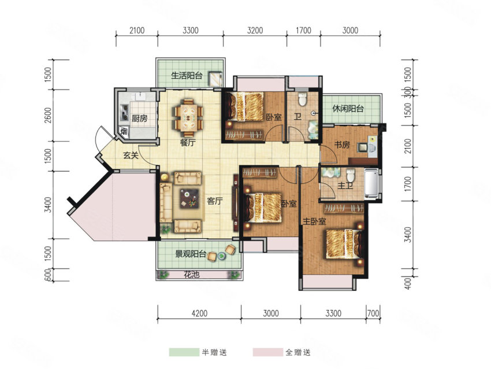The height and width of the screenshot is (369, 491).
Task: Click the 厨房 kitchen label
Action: point(139,119)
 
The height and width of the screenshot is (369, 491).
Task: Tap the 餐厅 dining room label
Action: point(188,143)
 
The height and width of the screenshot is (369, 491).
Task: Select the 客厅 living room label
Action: point(215,201)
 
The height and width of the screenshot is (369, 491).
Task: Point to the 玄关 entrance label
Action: point(131,155)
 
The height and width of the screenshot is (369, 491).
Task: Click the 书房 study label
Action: point(342,145)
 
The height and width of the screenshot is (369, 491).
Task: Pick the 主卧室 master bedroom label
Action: point(314,222)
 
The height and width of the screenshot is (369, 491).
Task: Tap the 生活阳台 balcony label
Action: point(187,76)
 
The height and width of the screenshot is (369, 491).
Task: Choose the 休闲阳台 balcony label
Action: point(348,109)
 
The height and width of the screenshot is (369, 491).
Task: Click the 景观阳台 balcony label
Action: point(191,254)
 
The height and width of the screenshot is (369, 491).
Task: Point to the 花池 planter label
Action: point(192,275)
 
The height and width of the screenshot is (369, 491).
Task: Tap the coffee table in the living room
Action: point(190,198)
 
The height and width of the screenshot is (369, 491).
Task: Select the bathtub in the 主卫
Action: point(371,183)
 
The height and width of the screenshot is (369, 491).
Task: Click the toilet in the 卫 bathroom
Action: point(302,99)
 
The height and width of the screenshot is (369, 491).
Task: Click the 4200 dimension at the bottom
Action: point(199,313)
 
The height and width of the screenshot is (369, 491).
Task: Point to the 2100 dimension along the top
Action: point(137,31)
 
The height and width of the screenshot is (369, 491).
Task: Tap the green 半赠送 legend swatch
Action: point(184,352)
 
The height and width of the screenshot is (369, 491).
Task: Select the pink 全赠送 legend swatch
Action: point(268,352)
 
